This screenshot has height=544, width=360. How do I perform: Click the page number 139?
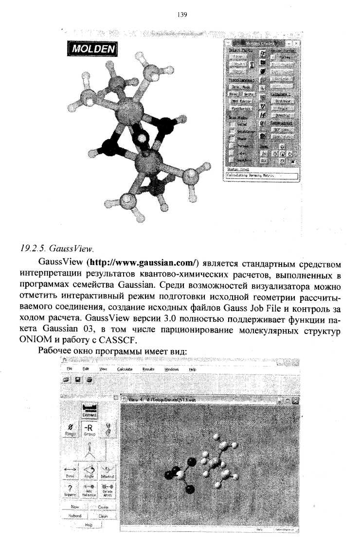pos(180,15)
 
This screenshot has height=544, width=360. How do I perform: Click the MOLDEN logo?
pos(92,49)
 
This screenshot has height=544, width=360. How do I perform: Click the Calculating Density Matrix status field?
pos(261,175)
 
